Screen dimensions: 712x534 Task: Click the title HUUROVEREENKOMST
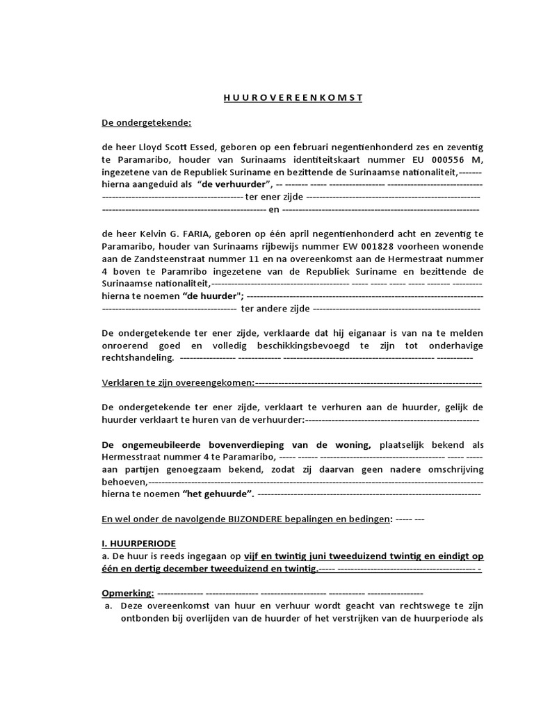(x=293, y=98)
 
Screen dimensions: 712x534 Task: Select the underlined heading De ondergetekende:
(x=146, y=123)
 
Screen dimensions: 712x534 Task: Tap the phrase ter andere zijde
(x=275, y=308)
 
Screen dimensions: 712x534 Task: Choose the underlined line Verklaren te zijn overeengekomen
(x=178, y=383)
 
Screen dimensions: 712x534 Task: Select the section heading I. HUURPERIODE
(x=138, y=543)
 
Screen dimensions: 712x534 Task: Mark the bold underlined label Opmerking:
(x=127, y=593)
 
